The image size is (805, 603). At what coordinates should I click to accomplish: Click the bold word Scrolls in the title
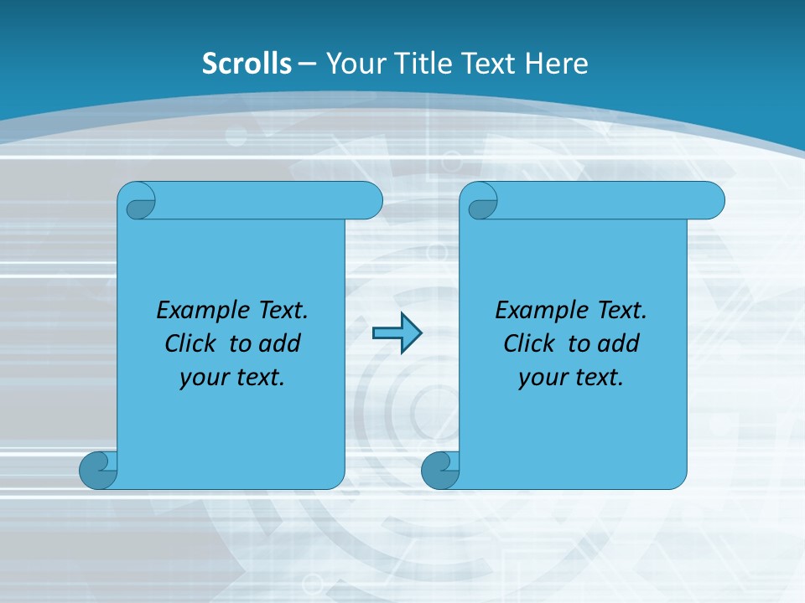point(247,64)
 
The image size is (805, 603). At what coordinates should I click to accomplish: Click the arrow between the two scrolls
point(397,333)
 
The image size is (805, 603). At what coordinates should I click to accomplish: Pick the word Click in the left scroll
point(190,344)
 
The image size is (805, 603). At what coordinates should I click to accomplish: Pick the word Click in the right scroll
point(528,344)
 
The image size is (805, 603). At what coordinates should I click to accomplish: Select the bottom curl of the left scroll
point(96,470)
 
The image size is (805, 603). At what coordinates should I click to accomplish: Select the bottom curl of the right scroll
point(439,470)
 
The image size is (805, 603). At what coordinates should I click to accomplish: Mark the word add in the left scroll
point(280,344)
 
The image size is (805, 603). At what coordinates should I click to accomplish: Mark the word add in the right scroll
point(619,344)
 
